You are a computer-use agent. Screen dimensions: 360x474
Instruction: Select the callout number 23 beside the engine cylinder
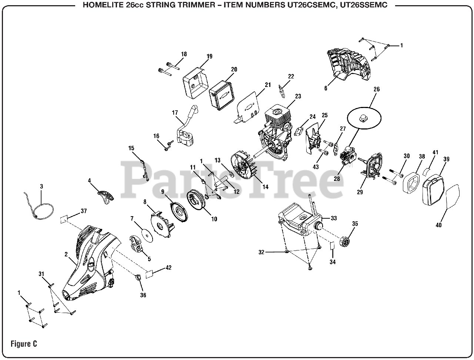click(x=298, y=97)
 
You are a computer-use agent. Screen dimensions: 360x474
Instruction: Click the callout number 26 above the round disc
click(x=377, y=89)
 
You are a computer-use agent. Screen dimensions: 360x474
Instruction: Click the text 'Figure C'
click(x=24, y=344)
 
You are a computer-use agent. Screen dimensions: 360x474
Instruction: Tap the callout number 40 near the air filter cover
click(x=439, y=225)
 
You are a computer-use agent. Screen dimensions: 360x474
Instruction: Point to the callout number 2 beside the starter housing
click(x=66, y=254)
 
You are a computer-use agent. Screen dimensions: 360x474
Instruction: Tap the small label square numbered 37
click(x=64, y=219)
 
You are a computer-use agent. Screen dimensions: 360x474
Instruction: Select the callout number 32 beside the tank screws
click(x=261, y=252)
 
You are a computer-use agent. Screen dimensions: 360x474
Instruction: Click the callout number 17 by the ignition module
click(x=175, y=112)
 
